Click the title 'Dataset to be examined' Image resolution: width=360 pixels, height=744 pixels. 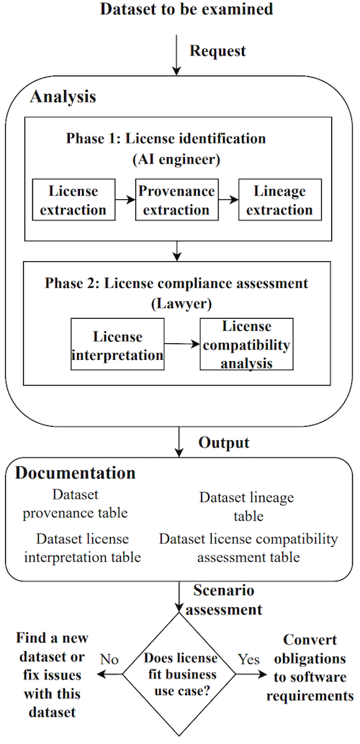pyautogui.click(x=186, y=9)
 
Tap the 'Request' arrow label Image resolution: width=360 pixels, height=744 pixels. pyautogui.click(x=218, y=51)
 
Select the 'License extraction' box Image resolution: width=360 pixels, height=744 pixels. pyautogui.click(x=73, y=200)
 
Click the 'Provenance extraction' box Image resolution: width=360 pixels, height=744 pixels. pyautogui.click(x=176, y=200)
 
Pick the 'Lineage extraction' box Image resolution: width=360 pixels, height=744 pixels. pyautogui.click(x=280, y=200)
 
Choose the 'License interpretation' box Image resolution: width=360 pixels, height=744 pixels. pyautogui.click(x=117, y=344)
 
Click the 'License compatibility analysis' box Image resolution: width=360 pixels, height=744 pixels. pyautogui.click(x=246, y=344)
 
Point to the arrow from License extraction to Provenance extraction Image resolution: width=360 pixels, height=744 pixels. pyautogui.click(x=125, y=200)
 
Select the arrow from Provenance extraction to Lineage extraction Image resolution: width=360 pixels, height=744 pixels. pyautogui.click(x=228, y=200)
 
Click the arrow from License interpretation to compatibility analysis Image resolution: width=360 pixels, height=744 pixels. pyautogui.click(x=182, y=344)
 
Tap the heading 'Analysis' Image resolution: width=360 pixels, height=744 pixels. pyautogui.click(x=63, y=97)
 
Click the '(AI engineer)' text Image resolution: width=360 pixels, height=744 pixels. pyautogui.click(x=176, y=160)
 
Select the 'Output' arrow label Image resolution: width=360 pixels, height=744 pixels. pyautogui.click(x=224, y=443)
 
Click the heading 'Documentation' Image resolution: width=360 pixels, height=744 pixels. pyautogui.click(x=75, y=473)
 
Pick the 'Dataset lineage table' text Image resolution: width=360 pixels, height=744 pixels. pyautogui.click(x=246, y=507)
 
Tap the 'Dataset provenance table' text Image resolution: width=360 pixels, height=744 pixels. pyautogui.click(x=76, y=504)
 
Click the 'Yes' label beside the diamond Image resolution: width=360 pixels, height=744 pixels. pyautogui.click(x=248, y=659)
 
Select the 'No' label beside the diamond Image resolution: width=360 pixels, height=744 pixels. pyautogui.click(x=109, y=659)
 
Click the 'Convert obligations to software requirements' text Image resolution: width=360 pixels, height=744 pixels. pyautogui.click(x=310, y=668)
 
